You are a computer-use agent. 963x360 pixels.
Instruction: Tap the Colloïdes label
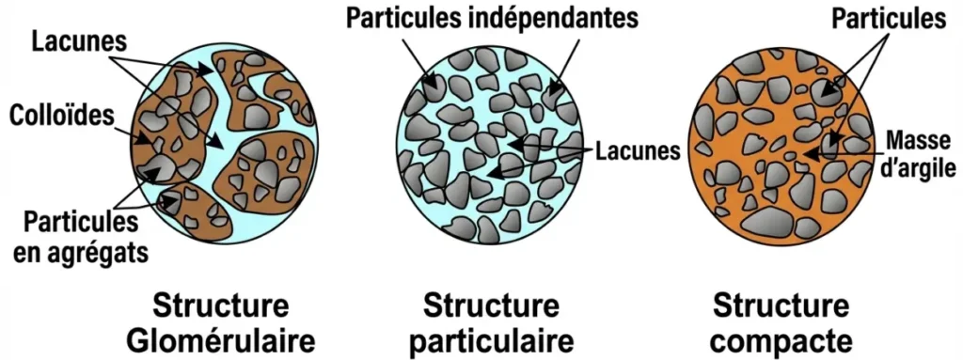click(x=60, y=115)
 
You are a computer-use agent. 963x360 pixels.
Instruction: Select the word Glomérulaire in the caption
click(x=234, y=337)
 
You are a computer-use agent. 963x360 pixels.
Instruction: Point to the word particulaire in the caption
click(x=492, y=337)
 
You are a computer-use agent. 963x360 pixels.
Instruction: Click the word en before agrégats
click(x=39, y=253)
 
